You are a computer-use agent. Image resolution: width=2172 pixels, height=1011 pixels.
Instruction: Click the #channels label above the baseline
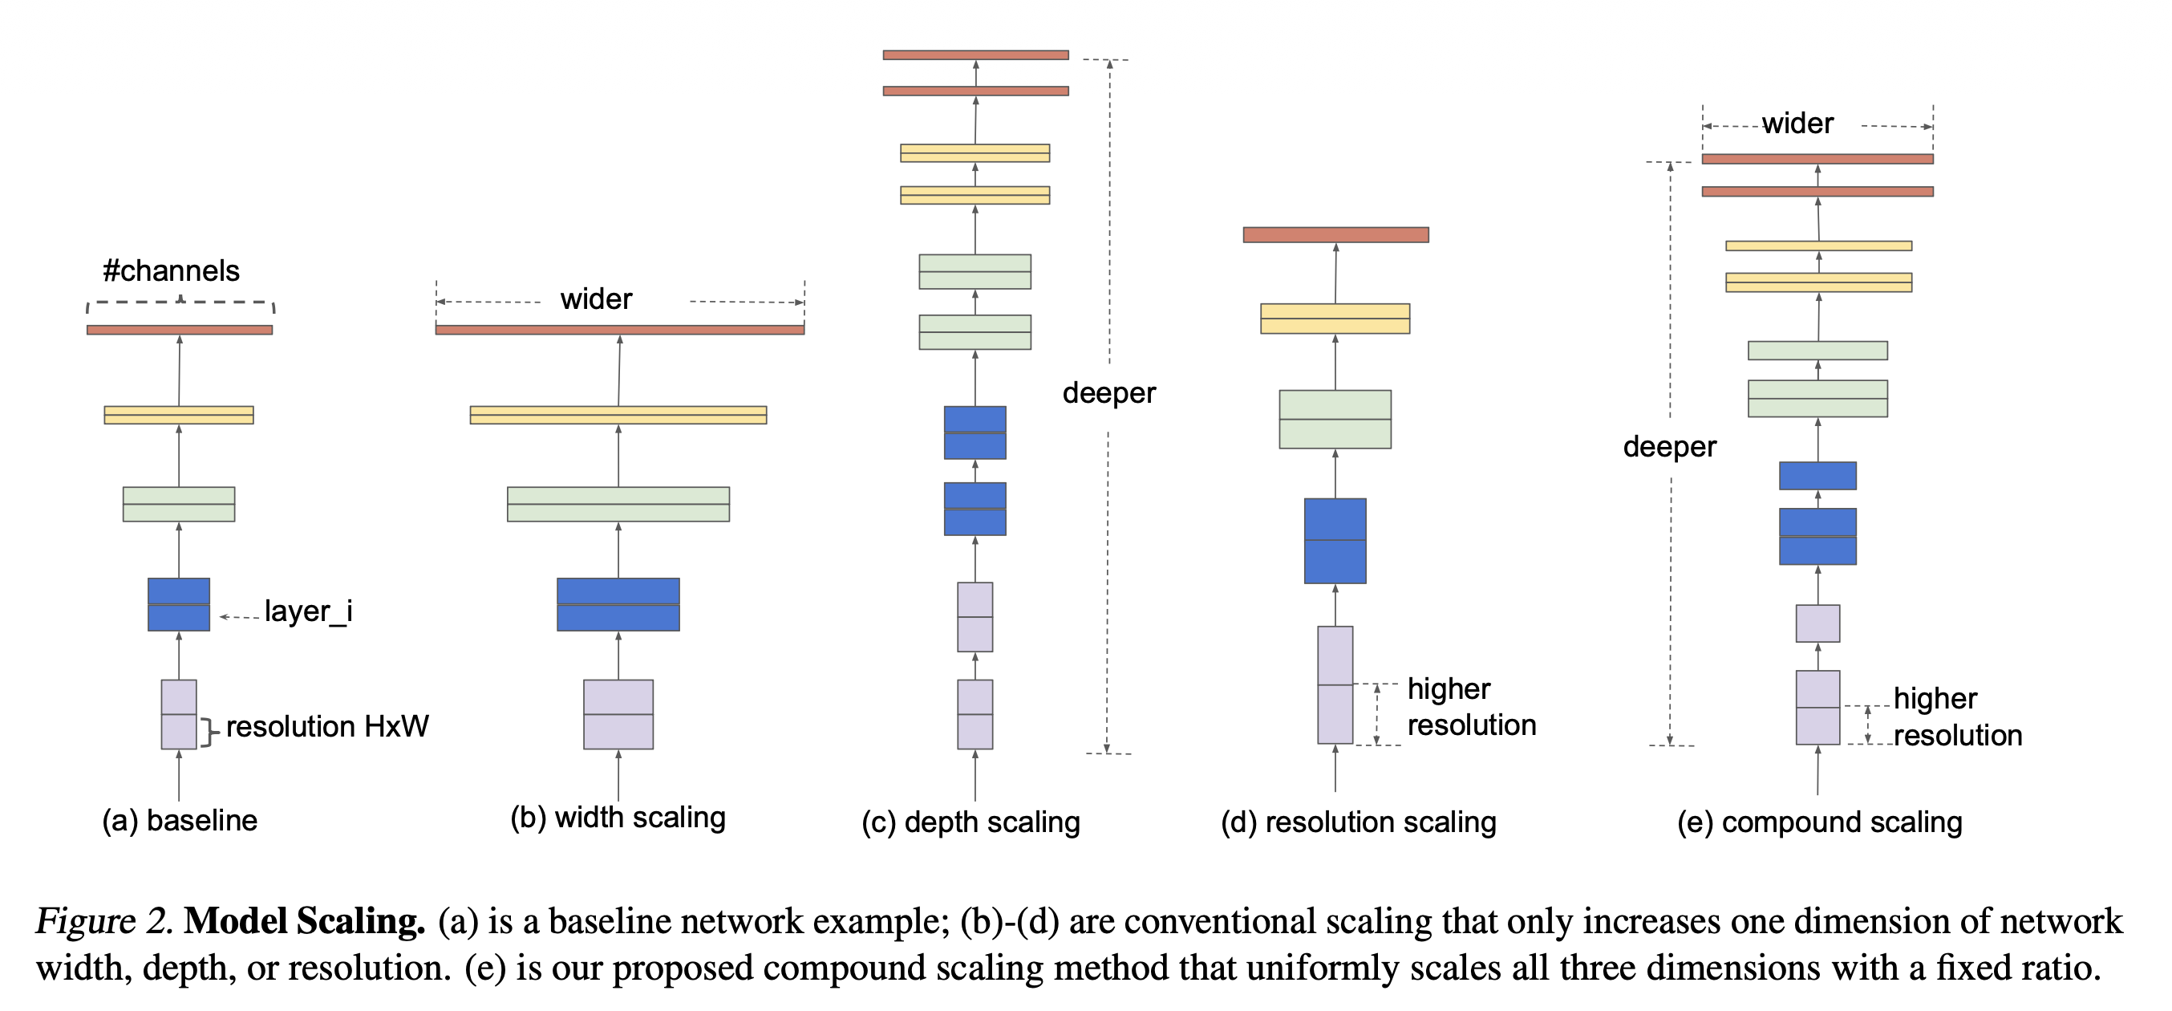(x=171, y=270)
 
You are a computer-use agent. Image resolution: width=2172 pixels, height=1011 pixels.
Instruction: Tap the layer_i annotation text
(x=308, y=611)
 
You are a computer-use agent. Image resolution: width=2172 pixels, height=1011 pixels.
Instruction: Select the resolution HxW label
(x=327, y=726)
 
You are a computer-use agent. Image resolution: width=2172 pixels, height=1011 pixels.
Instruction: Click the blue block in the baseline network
(x=179, y=603)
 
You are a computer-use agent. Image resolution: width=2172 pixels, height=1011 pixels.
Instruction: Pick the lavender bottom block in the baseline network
(x=179, y=713)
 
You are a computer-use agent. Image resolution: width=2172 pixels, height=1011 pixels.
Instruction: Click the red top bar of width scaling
(x=620, y=330)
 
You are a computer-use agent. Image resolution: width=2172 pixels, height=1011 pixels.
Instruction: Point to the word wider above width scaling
(x=596, y=299)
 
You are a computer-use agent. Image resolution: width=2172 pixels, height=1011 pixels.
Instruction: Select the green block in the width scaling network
(x=618, y=503)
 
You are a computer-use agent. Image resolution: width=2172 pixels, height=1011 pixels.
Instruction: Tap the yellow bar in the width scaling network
(x=618, y=414)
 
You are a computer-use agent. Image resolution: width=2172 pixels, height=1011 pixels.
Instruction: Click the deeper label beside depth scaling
(x=1108, y=393)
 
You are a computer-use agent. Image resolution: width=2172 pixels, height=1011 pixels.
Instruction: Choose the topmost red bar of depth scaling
(x=975, y=55)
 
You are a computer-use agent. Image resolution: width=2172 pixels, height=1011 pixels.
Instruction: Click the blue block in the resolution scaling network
(x=1335, y=541)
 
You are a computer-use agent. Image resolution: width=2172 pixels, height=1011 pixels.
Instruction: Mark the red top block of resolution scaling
(x=1335, y=234)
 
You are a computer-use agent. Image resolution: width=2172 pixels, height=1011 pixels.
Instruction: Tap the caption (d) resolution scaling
(x=1359, y=822)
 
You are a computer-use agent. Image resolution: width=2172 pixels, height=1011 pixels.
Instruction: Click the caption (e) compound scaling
(x=1820, y=822)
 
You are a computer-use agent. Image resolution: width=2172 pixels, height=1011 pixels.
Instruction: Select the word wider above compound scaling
(x=1797, y=124)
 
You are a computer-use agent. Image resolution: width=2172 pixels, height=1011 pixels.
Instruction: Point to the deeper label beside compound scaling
(x=1669, y=446)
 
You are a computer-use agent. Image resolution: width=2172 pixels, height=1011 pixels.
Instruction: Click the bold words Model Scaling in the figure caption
(x=304, y=920)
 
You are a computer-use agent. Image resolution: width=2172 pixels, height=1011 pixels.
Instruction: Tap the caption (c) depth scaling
(x=971, y=822)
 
